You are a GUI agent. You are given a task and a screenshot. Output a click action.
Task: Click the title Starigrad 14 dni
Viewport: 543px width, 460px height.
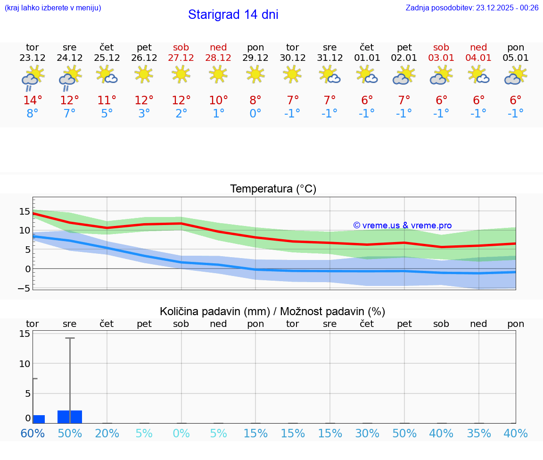[x=233, y=15]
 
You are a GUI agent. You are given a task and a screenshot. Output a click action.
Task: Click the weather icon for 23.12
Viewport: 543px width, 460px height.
[x=33, y=77]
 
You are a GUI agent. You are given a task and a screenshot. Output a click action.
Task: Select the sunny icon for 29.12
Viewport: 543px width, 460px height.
[x=255, y=74]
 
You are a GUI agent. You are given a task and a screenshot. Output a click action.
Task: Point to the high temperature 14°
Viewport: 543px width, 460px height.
[x=33, y=100]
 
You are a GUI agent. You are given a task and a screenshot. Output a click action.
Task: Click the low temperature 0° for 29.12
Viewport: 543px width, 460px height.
[x=255, y=114]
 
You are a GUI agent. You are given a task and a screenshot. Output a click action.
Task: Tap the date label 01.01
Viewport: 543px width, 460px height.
[x=367, y=58]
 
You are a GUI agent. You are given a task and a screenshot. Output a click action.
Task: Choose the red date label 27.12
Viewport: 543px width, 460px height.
[x=181, y=58]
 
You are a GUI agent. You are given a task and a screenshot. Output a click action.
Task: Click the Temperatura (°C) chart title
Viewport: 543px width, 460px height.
[x=273, y=189]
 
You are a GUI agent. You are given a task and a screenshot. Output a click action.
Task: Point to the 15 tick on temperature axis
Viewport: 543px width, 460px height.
[x=25, y=211]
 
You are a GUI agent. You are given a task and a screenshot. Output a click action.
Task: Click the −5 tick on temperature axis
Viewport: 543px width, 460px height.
[x=25, y=288]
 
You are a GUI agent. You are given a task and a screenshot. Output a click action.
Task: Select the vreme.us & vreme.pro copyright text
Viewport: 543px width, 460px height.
[x=403, y=226]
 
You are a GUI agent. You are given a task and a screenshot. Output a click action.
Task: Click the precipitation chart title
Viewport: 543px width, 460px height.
[x=272, y=311]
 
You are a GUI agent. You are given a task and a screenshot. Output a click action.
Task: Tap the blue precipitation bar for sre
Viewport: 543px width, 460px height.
[x=70, y=417]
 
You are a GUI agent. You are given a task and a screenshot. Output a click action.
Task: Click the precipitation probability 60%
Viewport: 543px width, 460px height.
[x=33, y=433]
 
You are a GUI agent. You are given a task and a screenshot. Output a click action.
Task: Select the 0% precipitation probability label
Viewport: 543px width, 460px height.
[x=181, y=433]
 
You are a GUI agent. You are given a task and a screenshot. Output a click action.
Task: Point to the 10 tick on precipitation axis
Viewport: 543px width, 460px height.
[x=25, y=363]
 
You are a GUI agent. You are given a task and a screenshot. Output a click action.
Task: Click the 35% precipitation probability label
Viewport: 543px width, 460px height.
[x=479, y=433]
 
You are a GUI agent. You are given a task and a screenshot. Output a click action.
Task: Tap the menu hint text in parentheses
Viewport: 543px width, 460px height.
[x=53, y=8]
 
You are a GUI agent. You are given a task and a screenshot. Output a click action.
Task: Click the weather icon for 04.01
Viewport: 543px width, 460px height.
[x=479, y=75]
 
